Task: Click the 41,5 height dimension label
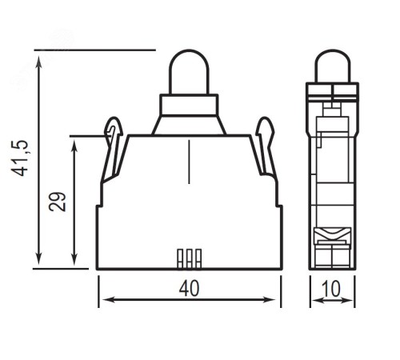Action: point(21,158)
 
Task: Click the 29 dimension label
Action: point(57,202)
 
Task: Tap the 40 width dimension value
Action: point(189,289)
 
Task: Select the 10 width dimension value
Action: point(331,289)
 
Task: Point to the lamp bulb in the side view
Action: point(332,66)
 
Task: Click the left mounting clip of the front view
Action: point(112,150)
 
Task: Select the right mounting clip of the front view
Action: point(266,150)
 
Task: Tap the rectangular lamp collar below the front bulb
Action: point(189,105)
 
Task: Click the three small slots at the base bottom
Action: point(190,258)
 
